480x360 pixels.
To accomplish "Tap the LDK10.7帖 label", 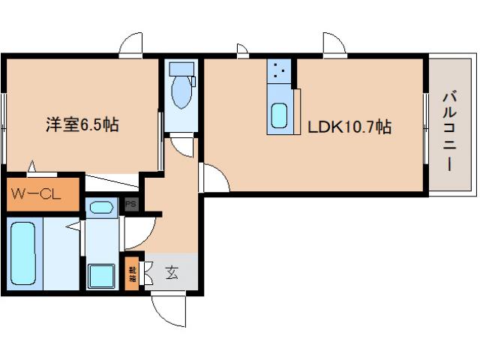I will [349, 127].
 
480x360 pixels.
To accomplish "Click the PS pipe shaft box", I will [130, 203].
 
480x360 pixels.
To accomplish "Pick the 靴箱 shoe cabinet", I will [133, 274].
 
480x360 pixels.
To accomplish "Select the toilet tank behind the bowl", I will [181, 70].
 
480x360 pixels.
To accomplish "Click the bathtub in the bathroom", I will [23, 253].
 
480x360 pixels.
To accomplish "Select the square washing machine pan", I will [100, 275].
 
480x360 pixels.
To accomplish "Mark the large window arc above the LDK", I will [334, 43].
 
